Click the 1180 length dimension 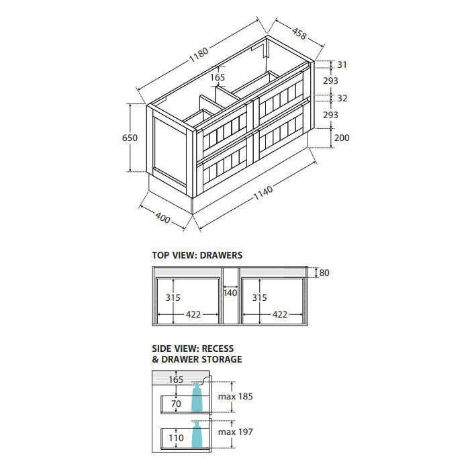pyautogui.click(x=199, y=54)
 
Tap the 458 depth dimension pyautogui.click(x=299, y=34)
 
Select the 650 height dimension pyautogui.click(x=130, y=138)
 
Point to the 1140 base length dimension pyautogui.click(x=263, y=193)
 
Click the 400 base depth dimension pyautogui.click(x=162, y=218)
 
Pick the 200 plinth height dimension pyautogui.click(x=342, y=138)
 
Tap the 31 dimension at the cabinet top pyautogui.click(x=342, y=64)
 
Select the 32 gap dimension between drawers pyautogui.click(x=342, y=98)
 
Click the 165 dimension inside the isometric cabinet pyautogui.click(x=218, y=78)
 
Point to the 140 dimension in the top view pyautogui.click(x=230, y=293)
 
